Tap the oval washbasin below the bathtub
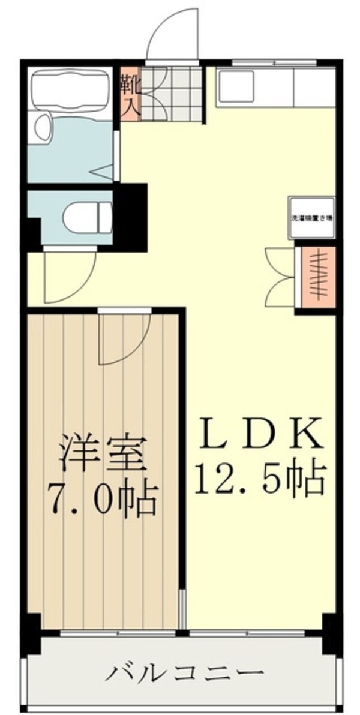pos(42,128)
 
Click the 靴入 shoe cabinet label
pos(131,96)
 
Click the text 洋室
pos(102,456)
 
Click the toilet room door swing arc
pos(66,276)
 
